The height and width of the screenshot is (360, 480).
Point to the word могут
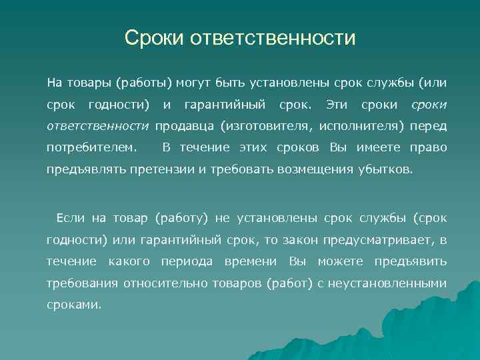click(197, 83)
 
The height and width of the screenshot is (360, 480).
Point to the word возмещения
click(293, 169)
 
